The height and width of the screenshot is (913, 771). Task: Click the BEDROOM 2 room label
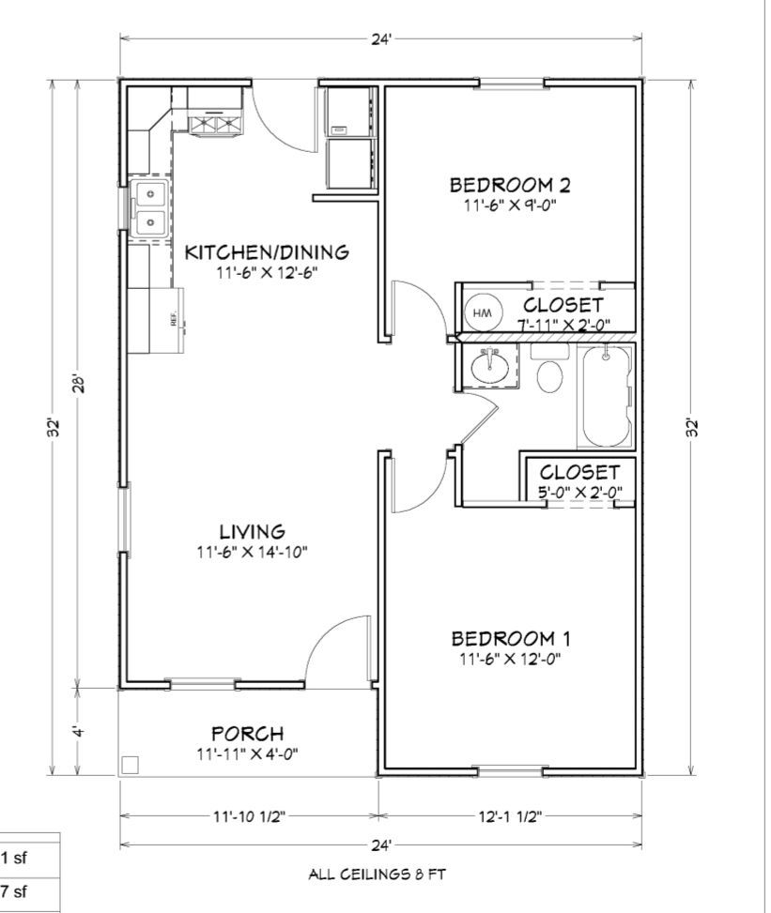coord(510,185)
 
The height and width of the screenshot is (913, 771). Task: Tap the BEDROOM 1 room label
coord(511,639)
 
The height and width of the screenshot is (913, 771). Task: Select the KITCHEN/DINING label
coord(267,252)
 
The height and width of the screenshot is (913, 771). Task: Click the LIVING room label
coord(253,532)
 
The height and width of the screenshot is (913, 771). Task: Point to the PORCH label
coord(248,733)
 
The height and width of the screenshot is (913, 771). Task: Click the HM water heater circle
coord(482,312)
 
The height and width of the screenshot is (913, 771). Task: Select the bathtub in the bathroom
coord(606,396)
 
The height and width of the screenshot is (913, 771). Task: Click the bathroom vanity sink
coord(489,367)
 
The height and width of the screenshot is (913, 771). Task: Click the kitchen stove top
coord(215,124)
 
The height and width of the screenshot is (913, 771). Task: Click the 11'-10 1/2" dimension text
coord(249,816)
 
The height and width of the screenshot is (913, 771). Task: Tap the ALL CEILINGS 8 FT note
coord(378,874)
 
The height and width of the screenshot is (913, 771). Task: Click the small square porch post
coord(130,765)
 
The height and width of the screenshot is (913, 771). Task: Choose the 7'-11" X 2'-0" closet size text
coord(563,325)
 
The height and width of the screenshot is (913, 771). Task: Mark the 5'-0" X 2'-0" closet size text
coord(579,493)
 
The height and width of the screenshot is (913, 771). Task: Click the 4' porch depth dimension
coord(80,730)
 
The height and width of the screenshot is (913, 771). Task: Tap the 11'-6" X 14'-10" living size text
coord(253,552)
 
